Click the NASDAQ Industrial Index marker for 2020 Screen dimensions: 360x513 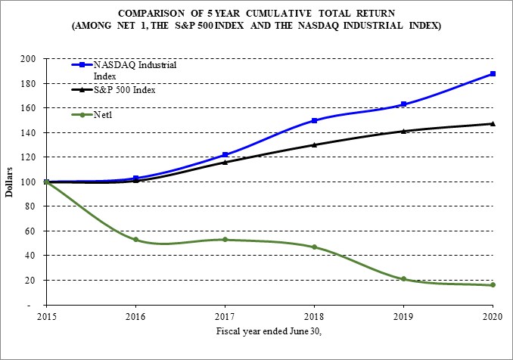pyautogui.click(x=493, y=73)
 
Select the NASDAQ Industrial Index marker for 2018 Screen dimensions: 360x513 pyautogui.click(x=314, y=120)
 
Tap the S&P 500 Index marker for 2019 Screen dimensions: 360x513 pyautogui.click(x=403, y=131)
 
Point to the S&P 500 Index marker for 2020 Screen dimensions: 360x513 pyautogui.click(x=493, y=123)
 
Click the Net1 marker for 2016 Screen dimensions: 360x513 pyautogui.click(x=135, y=240)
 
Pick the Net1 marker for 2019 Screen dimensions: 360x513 pyautogui.click(x=403, y=279)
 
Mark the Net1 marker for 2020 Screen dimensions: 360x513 pyautogui.click(x=493, y=284)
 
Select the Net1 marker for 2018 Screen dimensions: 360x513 pyautogui.click(x=314, y=247)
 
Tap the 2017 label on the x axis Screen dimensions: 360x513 pyautogui.click(x=225, y=316)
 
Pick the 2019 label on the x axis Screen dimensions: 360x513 pyautogui.click(x=403, y=316)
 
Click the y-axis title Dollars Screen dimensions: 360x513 pyautogui.click(x=10, y=182)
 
